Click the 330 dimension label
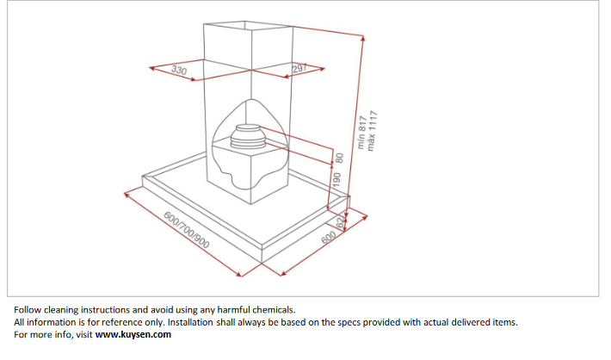point(179,71)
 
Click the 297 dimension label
point(300,68)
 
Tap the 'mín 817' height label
point(362,133)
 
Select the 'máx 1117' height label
point(373,131)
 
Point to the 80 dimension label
point(339,158)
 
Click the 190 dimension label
point(336,179)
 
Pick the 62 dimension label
point(341,223)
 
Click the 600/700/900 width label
point(186,230)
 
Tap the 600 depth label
point(329,237)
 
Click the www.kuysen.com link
point(133,335)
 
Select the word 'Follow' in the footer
point(28,310)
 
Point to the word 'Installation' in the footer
point(190,323)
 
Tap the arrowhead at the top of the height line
point(362,38)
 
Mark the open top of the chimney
point(248,26)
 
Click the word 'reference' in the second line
point(119,323)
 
